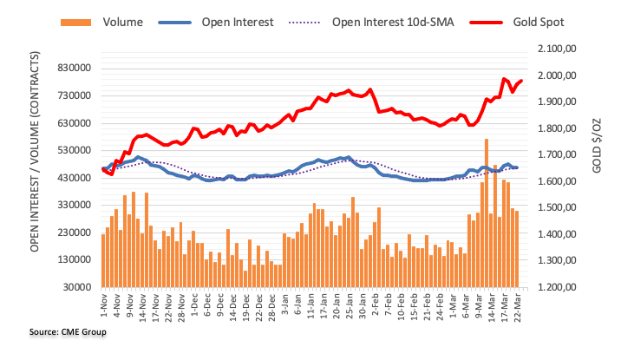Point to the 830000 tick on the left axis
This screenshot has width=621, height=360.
point(73,69)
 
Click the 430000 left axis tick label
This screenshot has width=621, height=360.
point(73,178)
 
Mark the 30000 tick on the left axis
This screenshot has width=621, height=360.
point(75,287)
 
